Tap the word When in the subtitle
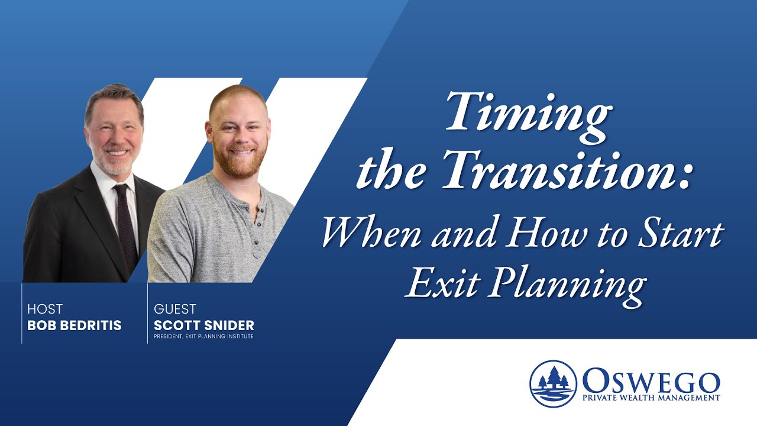(373, 233)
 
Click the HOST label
(44, 309)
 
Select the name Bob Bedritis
(74, 326)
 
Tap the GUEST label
(174, 309)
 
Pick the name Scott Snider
(204, 326)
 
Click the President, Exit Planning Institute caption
(203, 337)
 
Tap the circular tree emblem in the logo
(553, 383)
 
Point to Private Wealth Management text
(651, 398)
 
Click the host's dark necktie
(125, 225)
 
